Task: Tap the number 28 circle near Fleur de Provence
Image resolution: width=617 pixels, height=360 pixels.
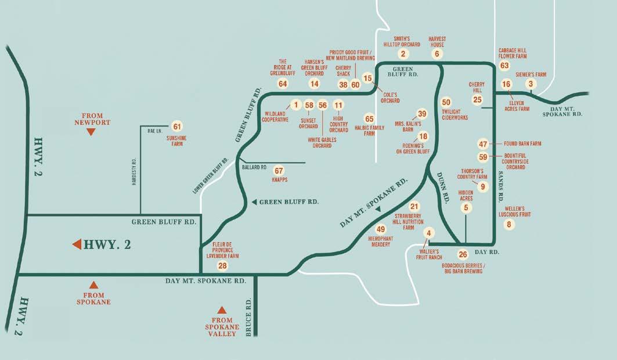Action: pyautogui.click(x=222, y=265)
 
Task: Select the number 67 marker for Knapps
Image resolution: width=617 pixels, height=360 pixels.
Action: pyautogui.click(x=279, y=171)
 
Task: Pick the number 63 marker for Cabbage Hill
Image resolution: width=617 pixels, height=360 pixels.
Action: pyautogui.click(x=504, y=66)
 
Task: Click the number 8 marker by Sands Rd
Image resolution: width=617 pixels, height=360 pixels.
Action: pyautogui.click(x=510, y=225)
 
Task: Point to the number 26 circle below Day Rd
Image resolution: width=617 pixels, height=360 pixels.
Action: pyautogui.click(x=463, y=254)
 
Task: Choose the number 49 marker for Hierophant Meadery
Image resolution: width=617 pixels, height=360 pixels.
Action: pyautogui.click(x=381, y=229)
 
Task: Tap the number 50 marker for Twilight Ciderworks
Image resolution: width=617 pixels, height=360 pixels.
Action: pyautogui.click(x=446, y=102)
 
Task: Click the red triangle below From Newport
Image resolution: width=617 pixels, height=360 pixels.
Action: pyautogui.click(x=91, y=132)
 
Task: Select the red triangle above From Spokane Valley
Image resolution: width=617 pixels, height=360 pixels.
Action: pyautogui.click(x=221, y=310)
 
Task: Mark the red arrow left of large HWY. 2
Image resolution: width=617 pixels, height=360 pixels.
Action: pyautogui.click(x=76, y=245)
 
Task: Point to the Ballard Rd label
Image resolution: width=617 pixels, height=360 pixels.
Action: pyautogui.click(x=254, y=167)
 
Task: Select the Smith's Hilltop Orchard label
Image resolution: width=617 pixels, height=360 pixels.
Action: pyautogui.click(x=401, y=41)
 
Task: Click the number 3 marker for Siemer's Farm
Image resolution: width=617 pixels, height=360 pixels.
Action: pyautogui.click(x=530, y=84)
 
